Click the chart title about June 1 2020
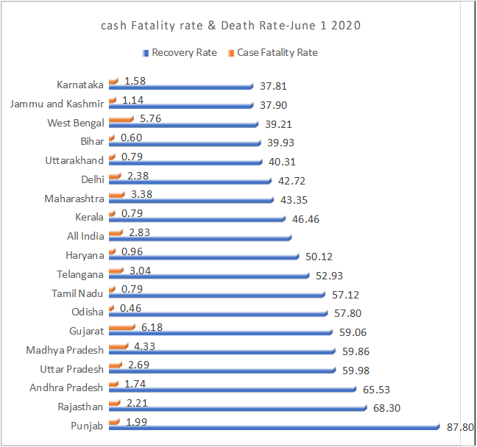[231, 26]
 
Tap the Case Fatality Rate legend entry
[272, 53]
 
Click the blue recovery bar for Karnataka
[180, 86]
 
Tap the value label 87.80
[460, 426]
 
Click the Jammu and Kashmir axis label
[57, 104]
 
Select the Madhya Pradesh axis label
[65, 350]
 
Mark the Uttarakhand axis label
[74, 160]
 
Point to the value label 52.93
[328, 276]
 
